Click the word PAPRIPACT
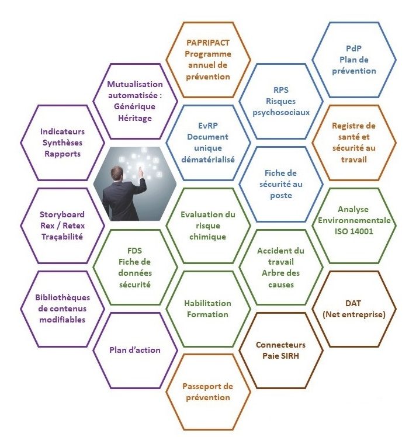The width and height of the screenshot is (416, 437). click(208, 43)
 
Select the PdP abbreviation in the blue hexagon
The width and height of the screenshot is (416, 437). click(353, 48)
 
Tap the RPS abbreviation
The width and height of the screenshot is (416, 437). click(281, 90)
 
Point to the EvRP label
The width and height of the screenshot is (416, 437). click(208, 126)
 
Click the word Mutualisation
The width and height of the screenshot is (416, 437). click(135, 84)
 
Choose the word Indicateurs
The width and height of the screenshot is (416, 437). click(63, 131)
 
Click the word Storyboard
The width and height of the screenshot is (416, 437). click(62, 214)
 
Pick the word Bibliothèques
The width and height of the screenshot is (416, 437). click(63, 297)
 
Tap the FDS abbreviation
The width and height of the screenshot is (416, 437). click(135, 251)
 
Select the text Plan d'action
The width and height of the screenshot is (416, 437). click(135, 350)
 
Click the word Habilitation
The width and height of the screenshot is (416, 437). click(207, 303)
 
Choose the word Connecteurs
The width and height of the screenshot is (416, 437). click(280, 345)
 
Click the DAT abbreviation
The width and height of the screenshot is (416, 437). click(353, 303)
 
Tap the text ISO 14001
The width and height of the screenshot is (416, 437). click(354, 231)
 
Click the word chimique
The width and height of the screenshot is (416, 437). click(207, 237)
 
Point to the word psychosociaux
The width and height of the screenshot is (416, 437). click(281, 113)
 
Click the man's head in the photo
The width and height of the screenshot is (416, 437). click(117, 174)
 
